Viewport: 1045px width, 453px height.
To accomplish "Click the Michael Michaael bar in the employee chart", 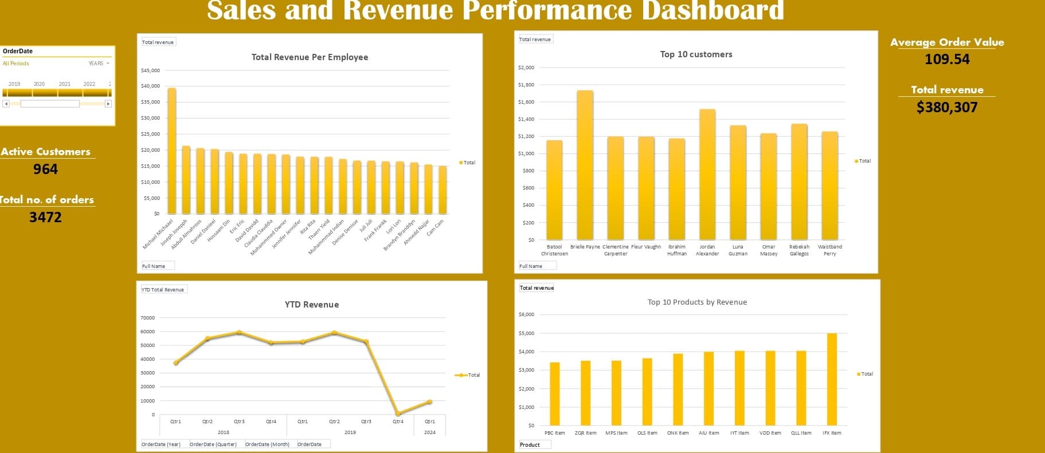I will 171,152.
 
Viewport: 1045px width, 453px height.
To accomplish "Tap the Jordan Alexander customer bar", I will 707,175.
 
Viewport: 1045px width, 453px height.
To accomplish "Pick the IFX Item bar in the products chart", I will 832,379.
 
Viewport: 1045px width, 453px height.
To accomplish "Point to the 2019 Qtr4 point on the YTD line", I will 398,413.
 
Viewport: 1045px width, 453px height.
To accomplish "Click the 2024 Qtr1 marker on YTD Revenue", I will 429,402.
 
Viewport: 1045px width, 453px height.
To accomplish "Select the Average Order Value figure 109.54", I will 947,59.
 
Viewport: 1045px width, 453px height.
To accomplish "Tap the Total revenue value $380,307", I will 947,107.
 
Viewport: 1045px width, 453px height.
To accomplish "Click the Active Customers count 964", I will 45,169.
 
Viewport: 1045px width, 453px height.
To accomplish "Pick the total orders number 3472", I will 45,217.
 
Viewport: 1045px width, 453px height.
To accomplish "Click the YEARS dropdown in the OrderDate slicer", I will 99,64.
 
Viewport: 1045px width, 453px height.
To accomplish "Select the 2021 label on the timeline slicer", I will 65,84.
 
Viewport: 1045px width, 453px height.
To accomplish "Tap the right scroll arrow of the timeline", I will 108,104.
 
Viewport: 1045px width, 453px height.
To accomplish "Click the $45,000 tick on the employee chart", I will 150,70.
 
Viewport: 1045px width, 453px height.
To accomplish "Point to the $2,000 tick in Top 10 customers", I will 526,68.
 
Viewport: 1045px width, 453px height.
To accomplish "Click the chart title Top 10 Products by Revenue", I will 697,302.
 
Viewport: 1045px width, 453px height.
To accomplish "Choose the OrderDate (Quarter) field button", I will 213,444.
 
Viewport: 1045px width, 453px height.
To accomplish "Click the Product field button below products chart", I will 533,445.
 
